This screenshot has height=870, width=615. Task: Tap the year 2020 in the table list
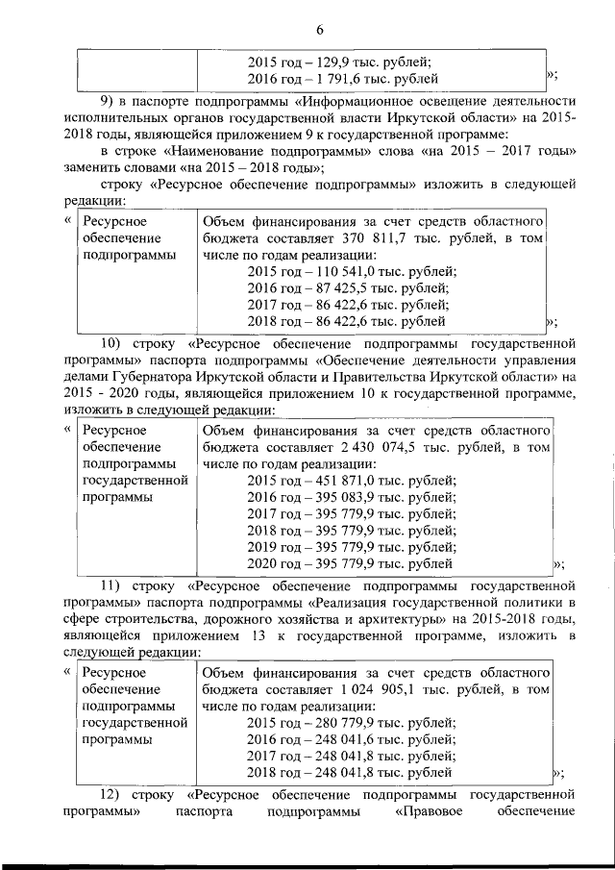click(x=261, y=563)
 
